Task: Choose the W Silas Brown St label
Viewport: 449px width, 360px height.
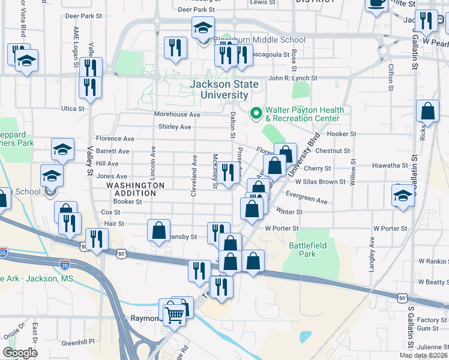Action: click(320, 182)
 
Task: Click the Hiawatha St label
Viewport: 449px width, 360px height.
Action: click(390, 166)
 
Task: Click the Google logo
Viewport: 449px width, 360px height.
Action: click(20, 353)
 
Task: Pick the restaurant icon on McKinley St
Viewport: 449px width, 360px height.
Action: click(227, 173)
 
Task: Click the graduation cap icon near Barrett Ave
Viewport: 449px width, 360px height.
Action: click(62, 150)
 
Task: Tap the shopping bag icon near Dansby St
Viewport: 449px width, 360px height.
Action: click(158, 231)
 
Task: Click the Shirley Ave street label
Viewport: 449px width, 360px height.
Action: click(175, 127)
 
